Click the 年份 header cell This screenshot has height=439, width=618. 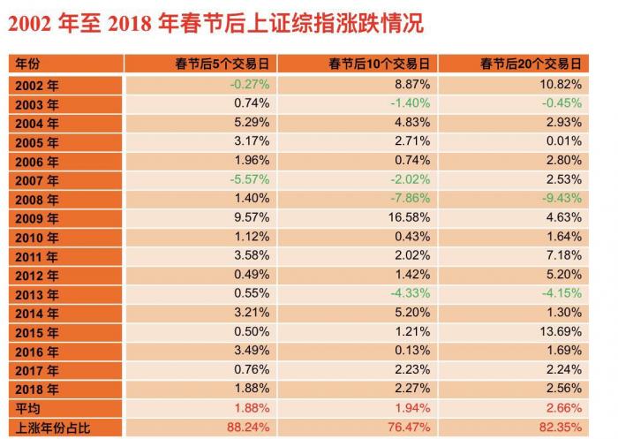click(x=27, y=64)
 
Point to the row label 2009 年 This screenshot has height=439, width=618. click(x=37, y=218)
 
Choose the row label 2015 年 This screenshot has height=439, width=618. click(x=37, y=333)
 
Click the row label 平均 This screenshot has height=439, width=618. click(x=27, y=409)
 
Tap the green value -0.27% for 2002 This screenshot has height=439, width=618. click(x=249, y=84)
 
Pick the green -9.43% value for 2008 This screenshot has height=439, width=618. click(x=561, y=198)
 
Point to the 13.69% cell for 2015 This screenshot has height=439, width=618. click(x=561, y=331)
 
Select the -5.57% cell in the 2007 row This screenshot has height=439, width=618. click(x=249, y=179)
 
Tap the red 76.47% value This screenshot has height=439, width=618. click(x=408, y=428)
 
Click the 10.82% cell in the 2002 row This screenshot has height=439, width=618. click(x=561, y=84)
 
